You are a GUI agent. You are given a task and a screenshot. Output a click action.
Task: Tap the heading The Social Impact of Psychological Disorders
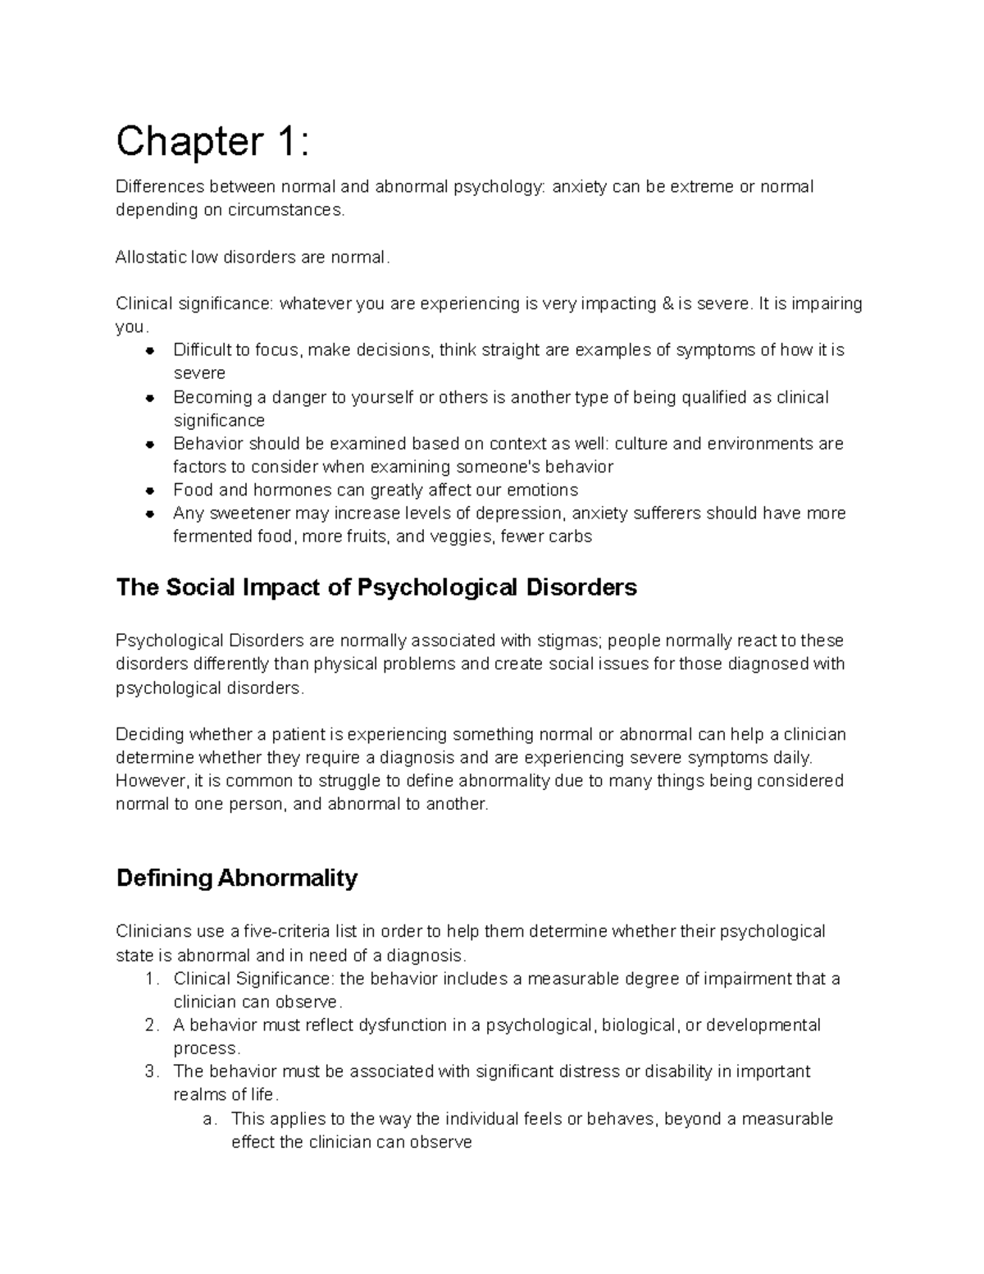pos(376,587)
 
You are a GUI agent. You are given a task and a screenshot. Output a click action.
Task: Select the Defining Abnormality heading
pos(237,878)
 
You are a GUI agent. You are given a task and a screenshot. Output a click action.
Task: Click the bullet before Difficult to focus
pos(150,351)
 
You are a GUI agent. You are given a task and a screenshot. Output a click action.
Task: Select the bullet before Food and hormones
pos(150,491)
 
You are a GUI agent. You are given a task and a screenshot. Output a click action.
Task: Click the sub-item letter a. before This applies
pos(209,1118)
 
